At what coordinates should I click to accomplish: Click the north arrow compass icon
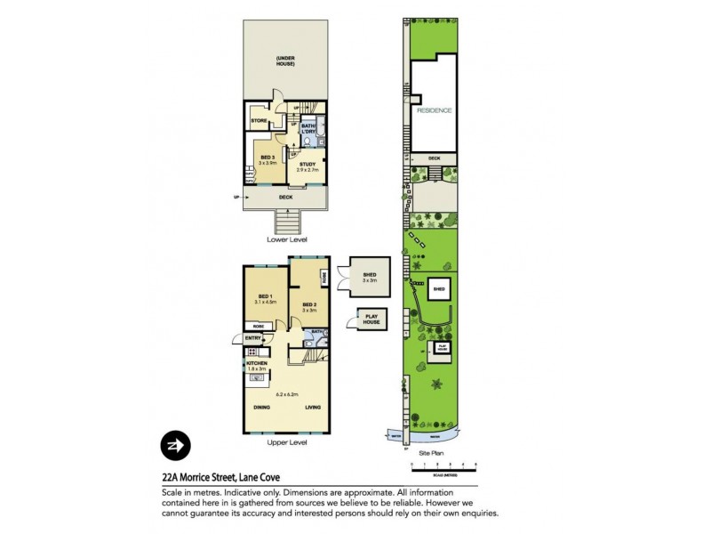[x=173, y=445]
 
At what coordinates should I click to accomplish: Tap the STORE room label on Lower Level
[x=259, y=120]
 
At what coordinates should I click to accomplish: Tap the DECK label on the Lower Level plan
[x=286, y=198]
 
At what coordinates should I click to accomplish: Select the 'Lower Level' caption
[x=286, y=239]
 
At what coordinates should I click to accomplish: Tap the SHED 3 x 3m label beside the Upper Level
[x=367, y=277]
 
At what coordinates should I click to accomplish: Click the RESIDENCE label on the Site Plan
[x=435, y=110]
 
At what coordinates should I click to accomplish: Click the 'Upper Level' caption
[x=286, y=442]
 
